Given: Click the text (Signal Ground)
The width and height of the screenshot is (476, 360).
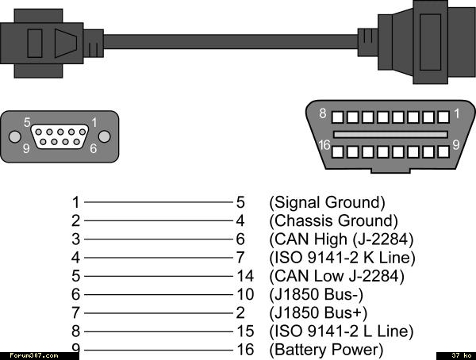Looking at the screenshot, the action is pyautogui.click(x=327, y=202).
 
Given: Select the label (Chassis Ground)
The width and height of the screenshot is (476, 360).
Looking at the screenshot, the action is pyautogui.click(x=333, y=220).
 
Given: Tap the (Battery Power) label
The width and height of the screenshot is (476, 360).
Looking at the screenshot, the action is pyautogui.click(x=326, y=350).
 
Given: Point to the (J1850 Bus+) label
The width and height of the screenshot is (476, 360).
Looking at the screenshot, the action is pyautogui.click(x=318, y=312).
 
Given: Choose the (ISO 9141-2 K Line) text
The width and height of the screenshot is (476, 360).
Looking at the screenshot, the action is pyautogui.click(x=342, y=258).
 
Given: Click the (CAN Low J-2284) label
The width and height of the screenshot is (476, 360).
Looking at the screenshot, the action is pyautogui.click(x=336, y=276).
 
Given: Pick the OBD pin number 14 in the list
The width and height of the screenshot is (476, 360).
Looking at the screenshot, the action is pyautogui.click(x=245, y=276).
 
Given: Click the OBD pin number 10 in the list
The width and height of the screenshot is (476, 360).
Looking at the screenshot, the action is pyautogui.click(x=245, y=294).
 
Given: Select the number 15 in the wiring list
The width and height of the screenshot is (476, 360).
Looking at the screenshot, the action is pyautogui.click(x=245, y=331).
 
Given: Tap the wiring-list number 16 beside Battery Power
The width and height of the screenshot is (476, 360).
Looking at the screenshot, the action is pyautogui.click(x=245, y=350).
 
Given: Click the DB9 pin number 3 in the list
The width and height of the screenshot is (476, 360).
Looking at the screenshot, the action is pyautogui.click(x=75, y=239).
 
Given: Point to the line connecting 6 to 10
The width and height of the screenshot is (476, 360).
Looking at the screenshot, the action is pyautogui.click(x=158, y=294).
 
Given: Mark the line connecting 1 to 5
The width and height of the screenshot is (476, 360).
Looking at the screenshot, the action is pyautogui.click(x=158, y=202).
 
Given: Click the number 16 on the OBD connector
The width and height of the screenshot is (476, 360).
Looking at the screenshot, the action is pyautogui.click(x=324, y=145).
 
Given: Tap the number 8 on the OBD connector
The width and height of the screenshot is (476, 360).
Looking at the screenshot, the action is pyautogui.click(x=323, y=113).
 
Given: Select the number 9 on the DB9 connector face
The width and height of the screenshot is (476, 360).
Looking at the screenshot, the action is pyautogui.click(x=26, y=148).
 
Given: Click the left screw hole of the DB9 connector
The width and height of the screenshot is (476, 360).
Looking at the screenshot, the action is pyautogui.click(x=14, y=136).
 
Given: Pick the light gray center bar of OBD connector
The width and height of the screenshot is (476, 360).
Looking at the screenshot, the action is pyautogui.click(x=390, y=135).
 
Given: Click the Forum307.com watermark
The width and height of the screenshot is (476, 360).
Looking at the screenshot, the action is pyautogui.click(x=34, y=355).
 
